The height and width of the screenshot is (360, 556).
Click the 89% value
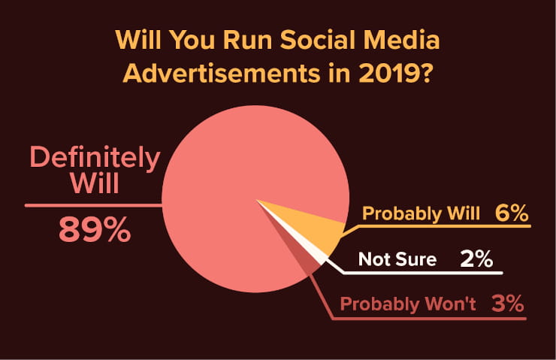pos(95,229)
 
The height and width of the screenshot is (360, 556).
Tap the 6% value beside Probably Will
pos(512,213)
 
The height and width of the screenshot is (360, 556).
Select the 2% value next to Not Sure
pos(476,259)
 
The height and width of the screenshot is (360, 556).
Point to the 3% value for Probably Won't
pos(507,304)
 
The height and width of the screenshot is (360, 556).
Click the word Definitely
pos(95,158)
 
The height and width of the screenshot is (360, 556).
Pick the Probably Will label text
pos(421,214)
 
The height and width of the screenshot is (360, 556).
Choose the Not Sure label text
pos(397,259)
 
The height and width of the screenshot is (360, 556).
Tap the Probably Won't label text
pos(408,304)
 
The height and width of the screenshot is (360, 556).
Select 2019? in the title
pos(395,74)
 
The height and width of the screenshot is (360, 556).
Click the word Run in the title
pos(247,39)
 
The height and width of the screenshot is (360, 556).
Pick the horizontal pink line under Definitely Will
pos(93,205)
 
